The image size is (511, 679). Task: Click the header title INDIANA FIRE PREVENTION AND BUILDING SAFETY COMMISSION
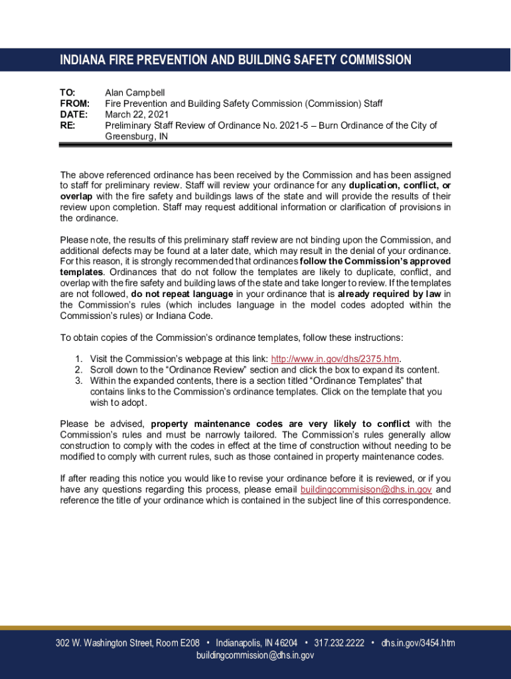[x=236, y=60]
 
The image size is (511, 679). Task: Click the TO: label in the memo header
[x=68, y=93]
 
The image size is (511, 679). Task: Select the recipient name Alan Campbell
[x=135, y=93]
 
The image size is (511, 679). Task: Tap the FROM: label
[x=74, y=103]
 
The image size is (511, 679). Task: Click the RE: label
[x=68, y=125]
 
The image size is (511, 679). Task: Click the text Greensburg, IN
[x=137, y=137]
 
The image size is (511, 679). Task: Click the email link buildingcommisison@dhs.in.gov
[x=366, y=489]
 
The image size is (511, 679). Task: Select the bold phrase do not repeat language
[x=182, y=294]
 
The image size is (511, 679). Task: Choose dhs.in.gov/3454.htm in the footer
[x=418, y=643]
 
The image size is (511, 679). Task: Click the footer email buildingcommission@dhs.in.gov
[x=256, y=655]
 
